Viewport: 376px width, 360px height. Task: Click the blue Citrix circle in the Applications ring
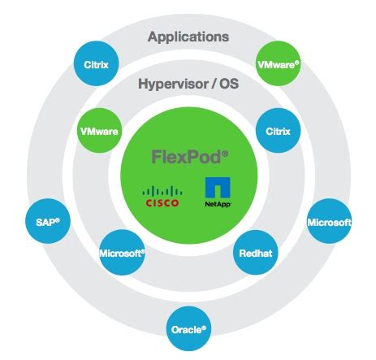(97, 63)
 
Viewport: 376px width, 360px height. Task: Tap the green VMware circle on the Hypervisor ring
(102, 129)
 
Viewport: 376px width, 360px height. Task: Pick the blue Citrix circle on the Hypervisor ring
(278, 129)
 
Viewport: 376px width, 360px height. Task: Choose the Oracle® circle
(188, 329)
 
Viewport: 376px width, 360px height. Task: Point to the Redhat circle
(256, 254)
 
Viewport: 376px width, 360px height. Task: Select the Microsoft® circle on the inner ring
(121, 254)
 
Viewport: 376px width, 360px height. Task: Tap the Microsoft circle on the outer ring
(329, 222)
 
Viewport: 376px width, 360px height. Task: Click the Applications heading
(188, 37)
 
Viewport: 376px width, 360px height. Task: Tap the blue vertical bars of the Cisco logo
(161, 191)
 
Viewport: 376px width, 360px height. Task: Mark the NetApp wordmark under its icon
(217, 205)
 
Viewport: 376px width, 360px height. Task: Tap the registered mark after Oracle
(205, 327)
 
